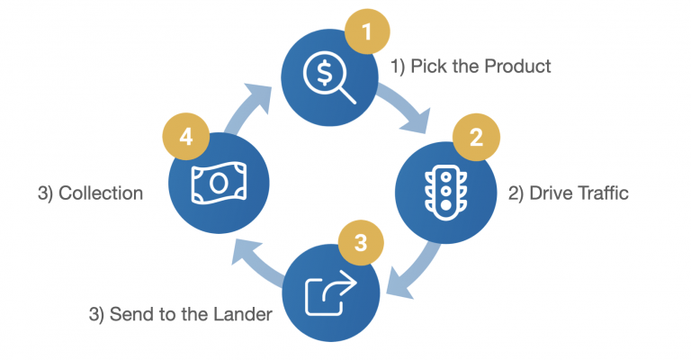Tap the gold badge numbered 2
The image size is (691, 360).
477,139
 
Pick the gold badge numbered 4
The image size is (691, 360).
185,139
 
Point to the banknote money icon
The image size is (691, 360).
217,183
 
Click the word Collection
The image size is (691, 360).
101,193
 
